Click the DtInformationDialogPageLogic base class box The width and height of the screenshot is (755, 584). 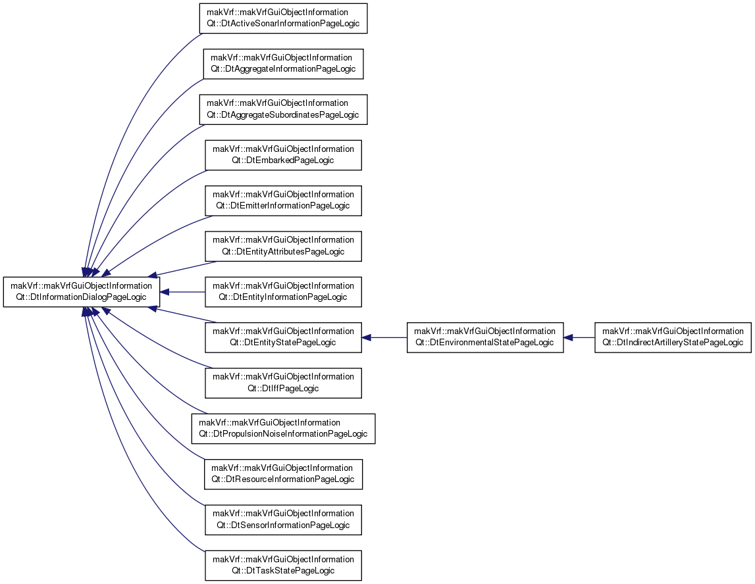(x=82, y=291)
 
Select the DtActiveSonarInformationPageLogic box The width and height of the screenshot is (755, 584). (x=283, y=18)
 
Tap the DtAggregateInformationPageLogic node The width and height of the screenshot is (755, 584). (x=283, y=64)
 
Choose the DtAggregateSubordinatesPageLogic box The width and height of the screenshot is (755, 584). (x=283, y=110)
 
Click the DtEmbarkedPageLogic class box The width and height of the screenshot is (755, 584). (x=283, y=155)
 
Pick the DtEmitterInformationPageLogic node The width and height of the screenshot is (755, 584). (x=283, y=201)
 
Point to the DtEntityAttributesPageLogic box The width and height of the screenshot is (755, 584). (x=283, y=247)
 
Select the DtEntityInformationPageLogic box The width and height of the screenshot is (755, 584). (x=283, y=291)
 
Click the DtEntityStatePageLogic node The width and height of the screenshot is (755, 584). (x=283, y=337)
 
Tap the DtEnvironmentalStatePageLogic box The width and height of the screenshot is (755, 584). (x=485, y=337)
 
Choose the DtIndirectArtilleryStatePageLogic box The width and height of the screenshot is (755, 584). (x=673, y=337)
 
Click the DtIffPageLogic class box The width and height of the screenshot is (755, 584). (x=283, y=383)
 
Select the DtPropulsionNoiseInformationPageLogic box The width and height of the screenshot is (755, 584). (x=283, y=429)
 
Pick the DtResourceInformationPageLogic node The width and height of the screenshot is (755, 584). (x=283, y=474)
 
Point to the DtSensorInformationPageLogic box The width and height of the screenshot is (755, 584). (x=283, y=520)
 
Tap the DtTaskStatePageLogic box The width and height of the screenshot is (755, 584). (x=283, y=565)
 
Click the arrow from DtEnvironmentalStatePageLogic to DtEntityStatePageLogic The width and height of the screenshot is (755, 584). (x=384, y=337)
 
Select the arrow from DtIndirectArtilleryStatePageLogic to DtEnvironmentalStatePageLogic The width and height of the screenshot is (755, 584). (x=579, y=337)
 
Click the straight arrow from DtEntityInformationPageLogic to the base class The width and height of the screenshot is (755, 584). (x=182, y=292)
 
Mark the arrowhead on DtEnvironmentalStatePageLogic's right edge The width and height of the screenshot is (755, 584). (x=567, y=337)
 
